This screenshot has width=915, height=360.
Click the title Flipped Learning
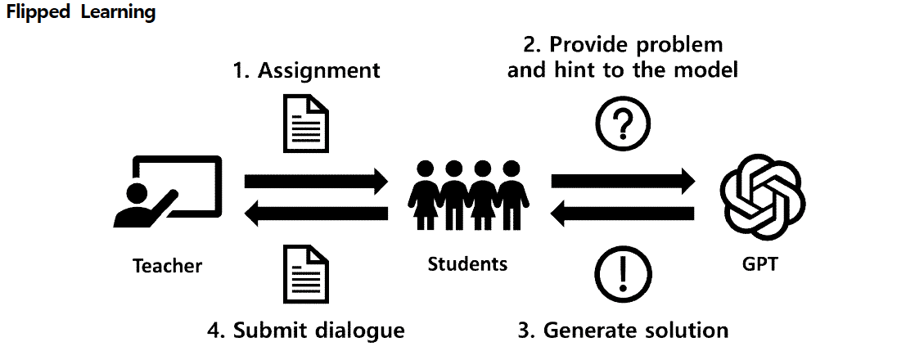click(81, 13)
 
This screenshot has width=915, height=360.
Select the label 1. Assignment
click(306, 70)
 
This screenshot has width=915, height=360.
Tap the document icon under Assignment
click(306, 123)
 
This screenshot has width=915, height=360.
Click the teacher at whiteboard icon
click(167, 191)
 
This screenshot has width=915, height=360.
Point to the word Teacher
click(167, 266)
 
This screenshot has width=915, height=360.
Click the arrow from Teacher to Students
click(316, 181)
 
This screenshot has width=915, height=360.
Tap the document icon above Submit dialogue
click(306, 274)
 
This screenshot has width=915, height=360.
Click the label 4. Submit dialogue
click(306, 331)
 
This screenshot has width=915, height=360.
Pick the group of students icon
click(469, 195)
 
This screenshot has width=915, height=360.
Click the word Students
click(467, 263)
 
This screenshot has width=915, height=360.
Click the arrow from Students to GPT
click(623, 181)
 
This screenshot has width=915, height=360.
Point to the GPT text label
click(759, 263)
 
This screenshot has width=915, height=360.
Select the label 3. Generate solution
click(623, 331)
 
